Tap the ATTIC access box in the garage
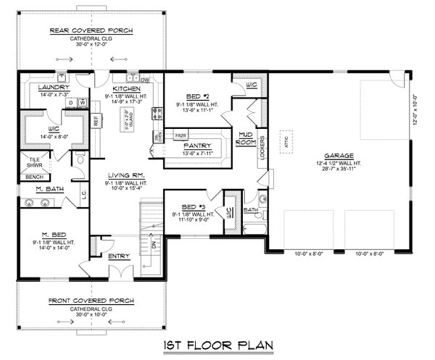click(286, 143)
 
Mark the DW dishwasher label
click(145, 80)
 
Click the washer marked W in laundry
click(83, 103)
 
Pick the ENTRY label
click(118, 256)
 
